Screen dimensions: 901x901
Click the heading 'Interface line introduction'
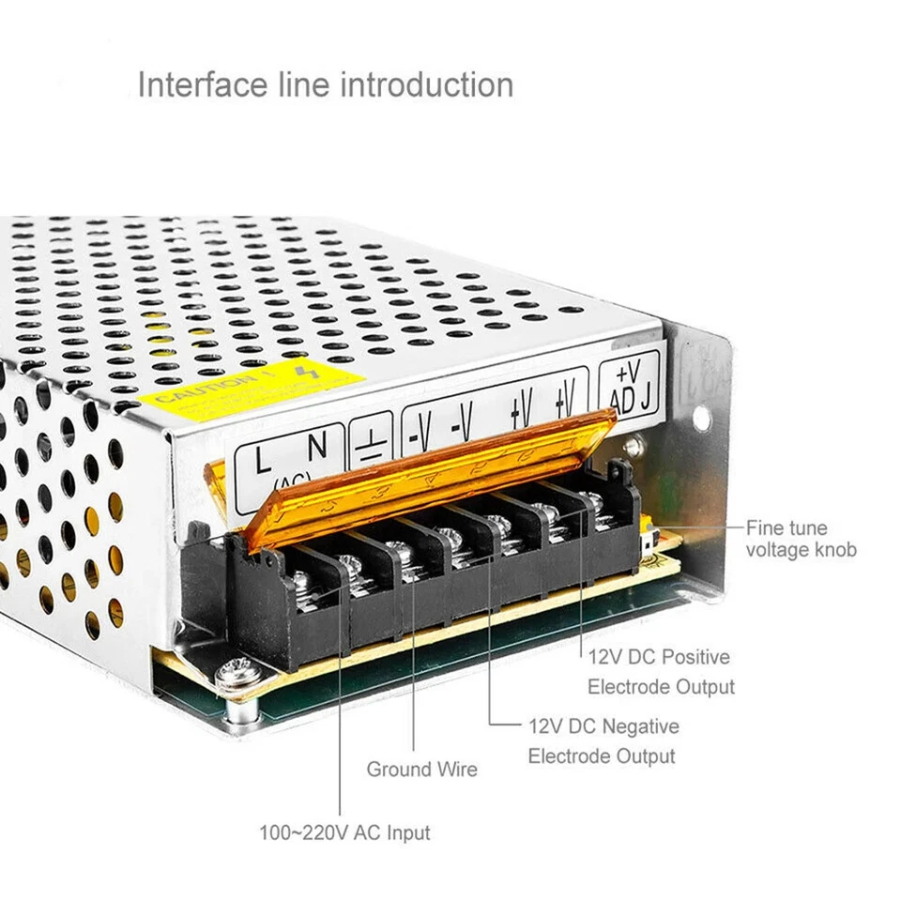325,84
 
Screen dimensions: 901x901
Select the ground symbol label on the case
371,440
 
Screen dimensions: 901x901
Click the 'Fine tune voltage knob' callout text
801,539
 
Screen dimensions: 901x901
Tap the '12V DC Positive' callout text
659,657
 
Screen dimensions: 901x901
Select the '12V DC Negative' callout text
603,725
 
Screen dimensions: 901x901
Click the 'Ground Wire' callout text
421,770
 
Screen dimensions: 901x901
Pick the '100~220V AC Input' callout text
344,832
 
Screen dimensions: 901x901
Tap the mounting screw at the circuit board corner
235,672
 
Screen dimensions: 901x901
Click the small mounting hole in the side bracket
700,418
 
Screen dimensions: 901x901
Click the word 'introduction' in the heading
426,84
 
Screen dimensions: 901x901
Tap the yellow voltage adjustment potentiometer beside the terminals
648,538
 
